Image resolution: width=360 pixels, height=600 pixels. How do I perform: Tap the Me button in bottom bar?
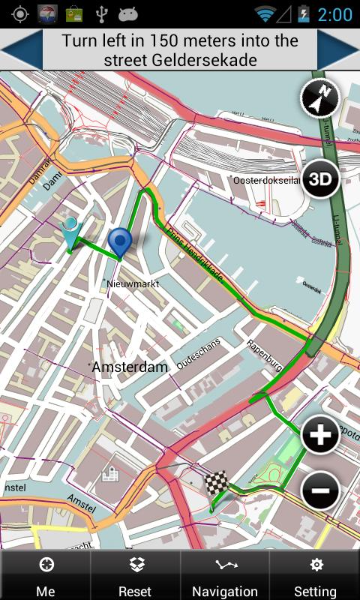click(x=45, y=575)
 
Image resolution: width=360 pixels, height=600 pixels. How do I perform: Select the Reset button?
click(x=135, y=575)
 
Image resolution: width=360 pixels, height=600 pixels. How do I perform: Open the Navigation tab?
click(x=225, y=575)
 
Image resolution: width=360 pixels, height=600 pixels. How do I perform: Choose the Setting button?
click(x=315, y=575)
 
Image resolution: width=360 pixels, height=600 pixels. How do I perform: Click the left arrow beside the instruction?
click(x=20, y=50)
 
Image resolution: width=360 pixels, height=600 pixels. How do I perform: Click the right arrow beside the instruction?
click(x=339, y=50)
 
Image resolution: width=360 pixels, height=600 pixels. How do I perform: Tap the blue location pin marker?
click(x=119, y=241)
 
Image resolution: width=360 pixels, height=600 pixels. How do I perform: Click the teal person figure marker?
click(x=72, y=232)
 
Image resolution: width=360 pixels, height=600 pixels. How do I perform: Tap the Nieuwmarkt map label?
click(x=133, y=283)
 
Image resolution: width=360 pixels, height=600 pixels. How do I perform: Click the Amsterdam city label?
click(x=130, y=367)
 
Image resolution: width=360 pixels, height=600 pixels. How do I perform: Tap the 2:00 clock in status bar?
click(x=334, y=14)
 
